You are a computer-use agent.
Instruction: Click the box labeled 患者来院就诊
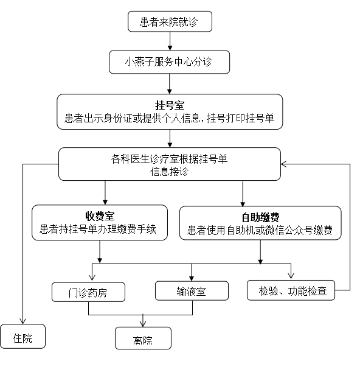pyautogui.click(x=170, y=21)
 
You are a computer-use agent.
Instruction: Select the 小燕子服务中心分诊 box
pyautogui.click(x=169, y=62)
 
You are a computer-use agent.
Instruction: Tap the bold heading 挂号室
pyautogui.click(x=170, y=105)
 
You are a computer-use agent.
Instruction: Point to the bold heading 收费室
pyautogui.click(x=100, y=215)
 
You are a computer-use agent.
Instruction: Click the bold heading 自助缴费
pyautogui.click(x=260, y=217)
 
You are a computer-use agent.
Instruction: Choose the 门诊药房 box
pyautogui.click(x=88, y=292)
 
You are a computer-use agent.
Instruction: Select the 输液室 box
pyautogui.click(x=192, y=290)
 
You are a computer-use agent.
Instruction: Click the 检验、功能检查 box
pyautogui.click(x=291, y=290)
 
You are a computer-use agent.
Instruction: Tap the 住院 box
pyautogui.click(x=22, y=336)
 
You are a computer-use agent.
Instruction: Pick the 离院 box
pyautogui.click(x=143, y=338)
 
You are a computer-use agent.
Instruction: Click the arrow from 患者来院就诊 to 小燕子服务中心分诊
pyautogui.click(x=170, y=41)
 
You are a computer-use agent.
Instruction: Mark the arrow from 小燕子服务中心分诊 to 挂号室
pyautogui.click(x=170, y=83)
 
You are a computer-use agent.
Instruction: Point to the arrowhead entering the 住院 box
pyautogui.click(x=22, y=321)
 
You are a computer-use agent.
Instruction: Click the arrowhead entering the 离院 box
pyautogui.click(x=143, y=324)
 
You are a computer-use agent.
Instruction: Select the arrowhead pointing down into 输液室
pyautogui.click(x=192, y=278)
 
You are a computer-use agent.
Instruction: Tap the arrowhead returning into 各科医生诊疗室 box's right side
pyautogui.click(x=283, y=164)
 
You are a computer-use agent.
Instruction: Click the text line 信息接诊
pyautogui.click(x=169, y=172)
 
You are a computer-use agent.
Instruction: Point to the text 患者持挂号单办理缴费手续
pyautogui.click(x=98, y=229)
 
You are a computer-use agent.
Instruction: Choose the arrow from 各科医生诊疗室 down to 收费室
pyautogui.click(x=105, y=192)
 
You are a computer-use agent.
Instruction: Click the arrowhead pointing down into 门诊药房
pyautogui.click(x=92, y=278)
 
